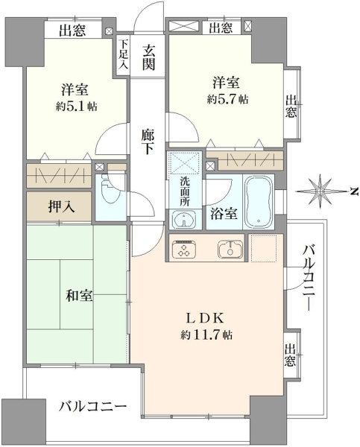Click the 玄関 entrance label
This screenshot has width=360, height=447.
[149, 57]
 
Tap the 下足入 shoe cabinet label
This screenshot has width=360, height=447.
[123, 54]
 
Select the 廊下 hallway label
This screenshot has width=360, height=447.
[148, 142]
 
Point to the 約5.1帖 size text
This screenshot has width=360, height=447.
[77, 107]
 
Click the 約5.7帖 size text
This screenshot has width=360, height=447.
[227, 99]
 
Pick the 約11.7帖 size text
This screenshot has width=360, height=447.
[206, 335]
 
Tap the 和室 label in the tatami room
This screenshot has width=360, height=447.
[79, 295]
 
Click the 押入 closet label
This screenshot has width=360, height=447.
[62, 206]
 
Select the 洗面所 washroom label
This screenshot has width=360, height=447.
[185, 191]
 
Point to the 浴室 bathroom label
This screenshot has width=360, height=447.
[224, 214]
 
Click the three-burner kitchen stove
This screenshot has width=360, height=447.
[183, 249]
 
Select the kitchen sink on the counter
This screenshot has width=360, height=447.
[230, 249]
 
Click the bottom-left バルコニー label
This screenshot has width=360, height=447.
[92, 406]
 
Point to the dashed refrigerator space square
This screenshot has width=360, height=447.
[263, 248]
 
